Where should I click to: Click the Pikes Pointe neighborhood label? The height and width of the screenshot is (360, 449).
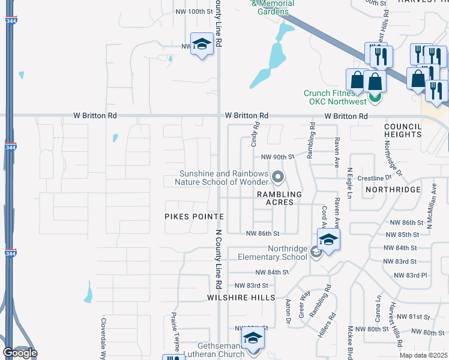(x=194, y=216)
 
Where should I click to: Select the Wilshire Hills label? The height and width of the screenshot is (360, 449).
(x=241, y=297)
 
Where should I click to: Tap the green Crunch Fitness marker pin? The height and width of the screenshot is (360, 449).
(x=376, y=96)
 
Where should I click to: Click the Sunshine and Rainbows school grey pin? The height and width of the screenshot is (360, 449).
(x=277, y=176)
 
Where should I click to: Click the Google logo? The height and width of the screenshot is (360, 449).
(x=20, y=353)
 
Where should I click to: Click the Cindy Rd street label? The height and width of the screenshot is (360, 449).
(x=255, y=135)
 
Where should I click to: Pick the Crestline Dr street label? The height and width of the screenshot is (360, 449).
(x=373, y=178)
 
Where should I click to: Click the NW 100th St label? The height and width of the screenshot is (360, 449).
(x=194, y=11)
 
